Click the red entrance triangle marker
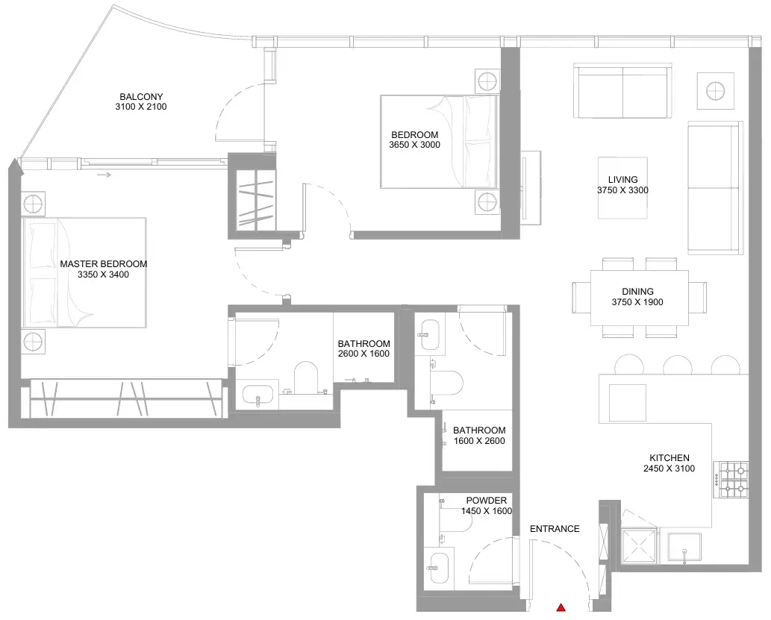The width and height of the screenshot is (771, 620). [x=561, y=608]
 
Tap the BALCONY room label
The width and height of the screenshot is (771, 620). [x=141, y=97]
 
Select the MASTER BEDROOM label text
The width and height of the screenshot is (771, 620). [x=103, y=264]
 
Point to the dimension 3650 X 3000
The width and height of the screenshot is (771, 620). [x=414, y=145]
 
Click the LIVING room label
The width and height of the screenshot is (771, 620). [x=623, y=180]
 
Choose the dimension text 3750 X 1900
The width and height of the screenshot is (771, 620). [x=637, y=302]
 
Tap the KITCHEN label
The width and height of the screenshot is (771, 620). [x=669, y=458]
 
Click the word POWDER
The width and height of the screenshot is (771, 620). [x=487, y=501]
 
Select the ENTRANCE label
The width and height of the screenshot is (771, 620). [x=555, y=529]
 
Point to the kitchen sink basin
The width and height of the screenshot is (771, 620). [x=684, y=547]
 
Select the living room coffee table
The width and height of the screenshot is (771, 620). [x=622, y=187]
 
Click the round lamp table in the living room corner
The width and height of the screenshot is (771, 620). [x=716, y=91]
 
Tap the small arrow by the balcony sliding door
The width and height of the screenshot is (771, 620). [x=104, y=175]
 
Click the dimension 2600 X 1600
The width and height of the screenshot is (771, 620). [x=364, y=354]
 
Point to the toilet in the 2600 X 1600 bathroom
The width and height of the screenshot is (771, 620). [x=306, y=378]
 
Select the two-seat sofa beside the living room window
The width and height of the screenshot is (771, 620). [x=622, y=90]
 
